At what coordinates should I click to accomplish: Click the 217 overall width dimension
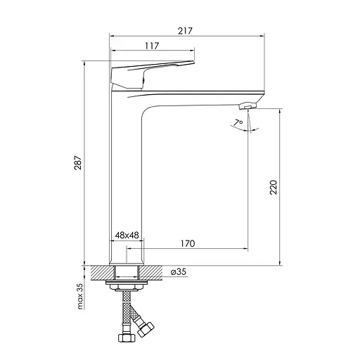coord(185,31)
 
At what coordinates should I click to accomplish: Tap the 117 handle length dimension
coord(152,46)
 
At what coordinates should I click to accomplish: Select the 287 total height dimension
coord(78,162)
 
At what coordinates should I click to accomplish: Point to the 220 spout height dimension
coord(274,187)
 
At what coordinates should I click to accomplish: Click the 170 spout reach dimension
coord(188,243)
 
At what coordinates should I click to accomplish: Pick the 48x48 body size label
coord(127,235)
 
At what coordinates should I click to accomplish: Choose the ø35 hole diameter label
coord(179,271)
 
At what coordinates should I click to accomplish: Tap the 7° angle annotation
coord(238,122)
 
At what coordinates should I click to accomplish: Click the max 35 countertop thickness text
coord(80,296)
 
